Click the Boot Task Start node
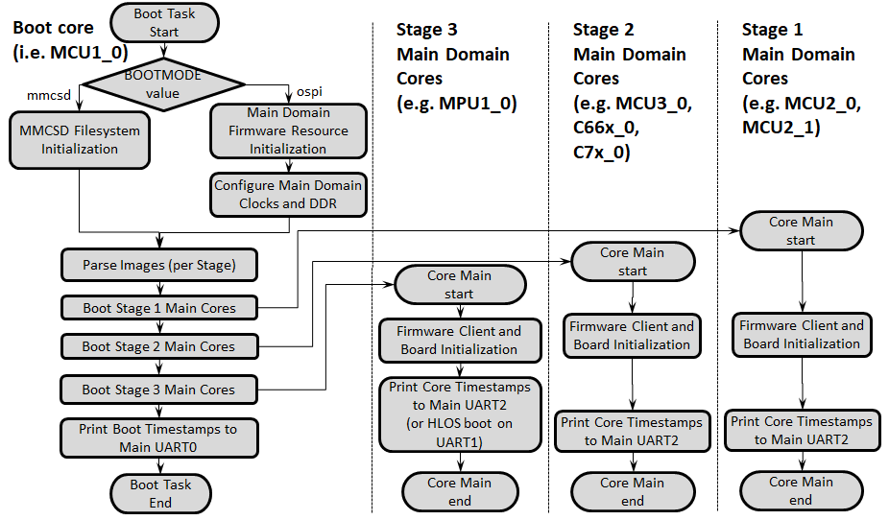pos(164,22)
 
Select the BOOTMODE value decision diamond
pos(163,84)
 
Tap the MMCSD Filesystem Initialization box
pos(80,140)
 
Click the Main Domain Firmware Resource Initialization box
pos(288,130)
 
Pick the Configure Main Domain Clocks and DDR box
pos(288,195)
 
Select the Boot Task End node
pos(160,493)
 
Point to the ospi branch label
pos(302,90)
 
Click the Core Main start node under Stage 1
pos(801,231)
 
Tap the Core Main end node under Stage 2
pos(633,492)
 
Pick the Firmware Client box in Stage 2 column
pos(632,335)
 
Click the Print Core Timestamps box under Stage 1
pos(802,430)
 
